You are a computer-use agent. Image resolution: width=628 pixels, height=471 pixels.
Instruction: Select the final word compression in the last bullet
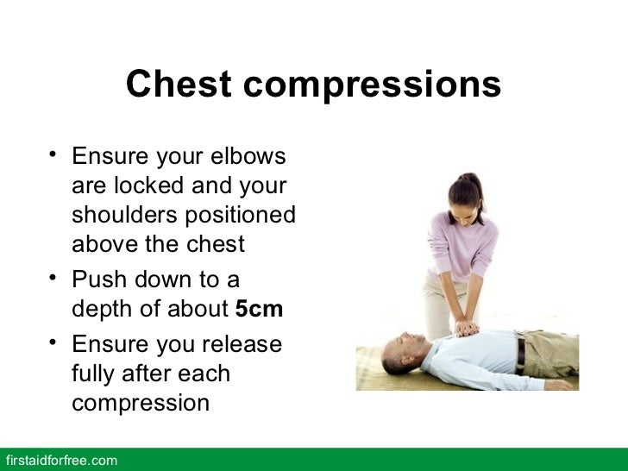[x=140, y=404]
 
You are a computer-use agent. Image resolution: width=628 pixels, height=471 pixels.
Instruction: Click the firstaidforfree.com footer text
[x=60, y=461]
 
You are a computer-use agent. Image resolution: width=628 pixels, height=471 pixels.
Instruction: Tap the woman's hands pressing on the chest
[x=466, y=328]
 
